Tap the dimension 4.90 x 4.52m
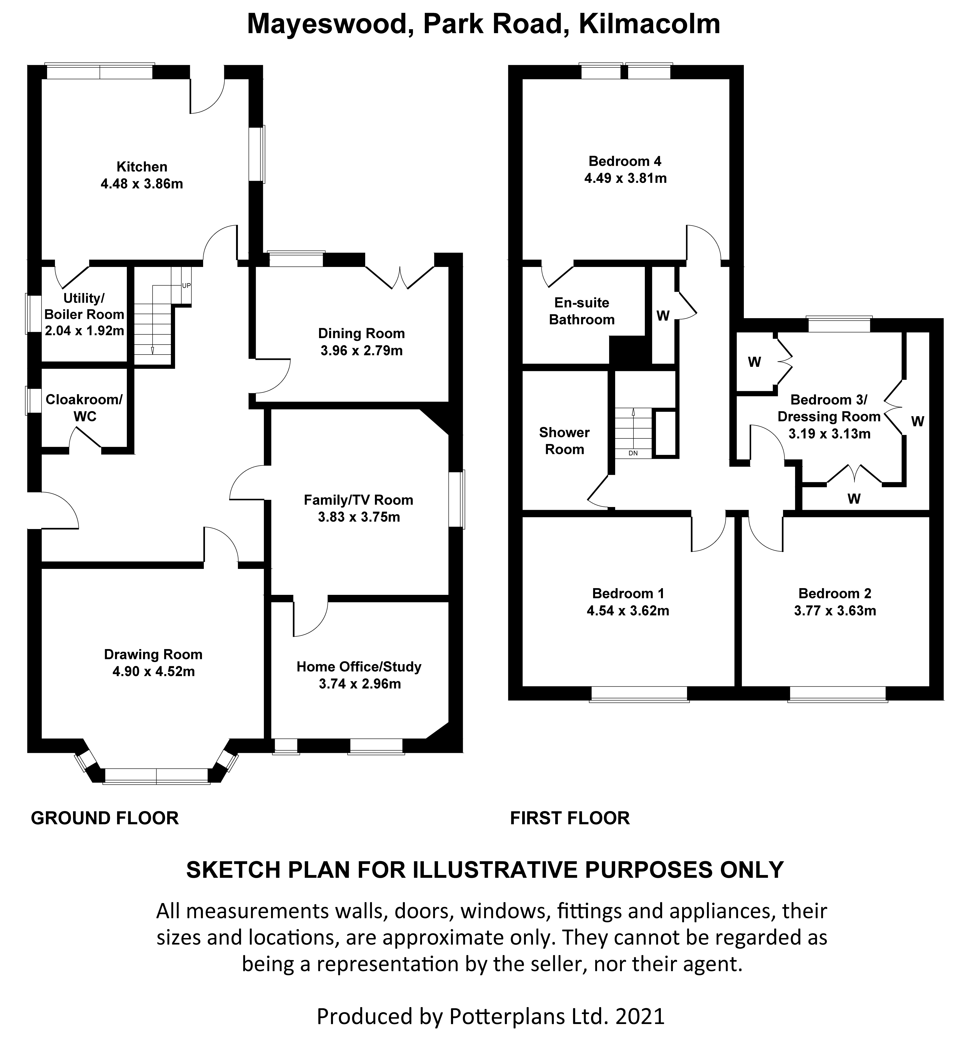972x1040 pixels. pos(153,671)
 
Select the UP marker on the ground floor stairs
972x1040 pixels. pos(186,286)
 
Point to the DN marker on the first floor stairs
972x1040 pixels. pos(633,453)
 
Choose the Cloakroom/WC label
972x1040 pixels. pos(84,408)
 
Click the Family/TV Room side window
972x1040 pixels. pos(456,499)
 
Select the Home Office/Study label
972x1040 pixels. pos(359,666)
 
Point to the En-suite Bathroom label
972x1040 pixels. pos(582,311)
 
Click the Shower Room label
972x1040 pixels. pos(564,441)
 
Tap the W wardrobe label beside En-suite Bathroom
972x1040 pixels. pos(663,316)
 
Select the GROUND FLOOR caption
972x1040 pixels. pos(105,818)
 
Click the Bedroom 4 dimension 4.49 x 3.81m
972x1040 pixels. pos(626,178)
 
